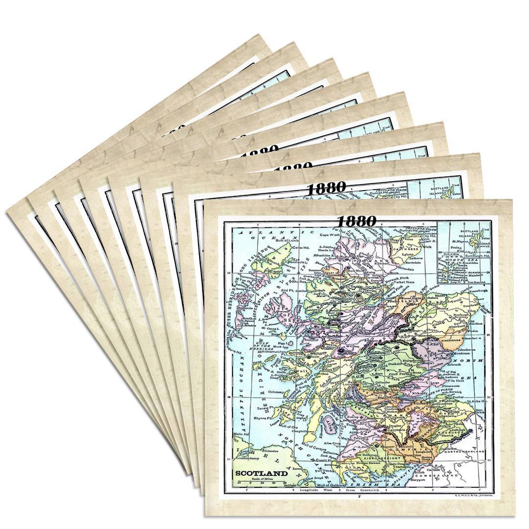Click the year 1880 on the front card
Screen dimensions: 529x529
[357, 221]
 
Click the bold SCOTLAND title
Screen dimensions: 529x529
[261, 474]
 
